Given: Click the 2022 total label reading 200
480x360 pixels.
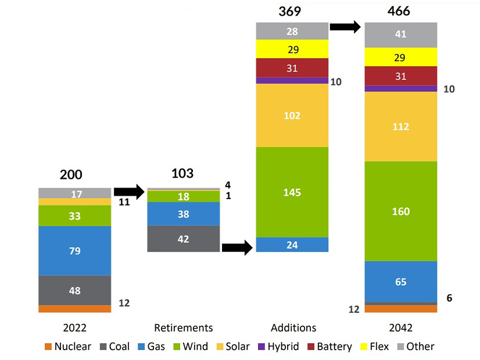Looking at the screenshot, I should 71,175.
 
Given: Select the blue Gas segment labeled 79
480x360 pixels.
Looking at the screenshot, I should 74,251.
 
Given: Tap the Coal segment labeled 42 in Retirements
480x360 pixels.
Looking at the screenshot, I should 184,239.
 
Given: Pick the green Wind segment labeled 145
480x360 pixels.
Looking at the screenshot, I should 292,192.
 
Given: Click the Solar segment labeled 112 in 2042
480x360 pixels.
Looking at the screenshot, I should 400,127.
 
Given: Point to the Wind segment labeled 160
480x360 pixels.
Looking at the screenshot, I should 400,211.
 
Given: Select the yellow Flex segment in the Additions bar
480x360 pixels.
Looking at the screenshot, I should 292,49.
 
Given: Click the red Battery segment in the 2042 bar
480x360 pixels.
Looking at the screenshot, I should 400,76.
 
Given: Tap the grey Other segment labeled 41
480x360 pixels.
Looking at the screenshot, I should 400,35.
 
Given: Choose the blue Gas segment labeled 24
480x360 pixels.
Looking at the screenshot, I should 292,244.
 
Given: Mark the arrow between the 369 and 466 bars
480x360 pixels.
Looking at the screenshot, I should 346,26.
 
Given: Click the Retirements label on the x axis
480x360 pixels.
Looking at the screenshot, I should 184,327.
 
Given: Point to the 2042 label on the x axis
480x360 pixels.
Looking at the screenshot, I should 400,327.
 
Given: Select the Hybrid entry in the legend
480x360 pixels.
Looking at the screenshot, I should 280,347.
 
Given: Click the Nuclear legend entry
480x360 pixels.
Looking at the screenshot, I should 67,347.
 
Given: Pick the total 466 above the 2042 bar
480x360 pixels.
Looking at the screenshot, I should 399,11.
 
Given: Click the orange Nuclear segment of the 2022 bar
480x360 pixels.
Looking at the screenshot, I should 74,309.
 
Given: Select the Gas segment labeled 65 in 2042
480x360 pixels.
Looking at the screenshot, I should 400,282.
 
